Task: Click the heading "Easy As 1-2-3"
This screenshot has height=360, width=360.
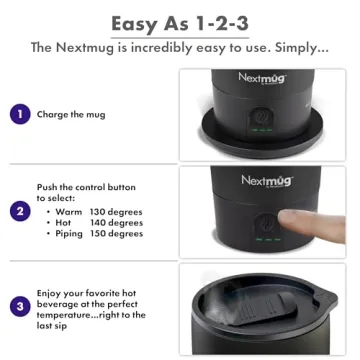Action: tap(180, 22)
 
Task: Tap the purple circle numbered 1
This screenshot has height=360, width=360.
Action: tap(20, 114)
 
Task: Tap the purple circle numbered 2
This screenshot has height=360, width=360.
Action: tap(20, 211)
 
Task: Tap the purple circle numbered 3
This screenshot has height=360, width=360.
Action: tap(20, 305)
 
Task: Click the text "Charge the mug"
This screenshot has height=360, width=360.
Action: tap(71, 115)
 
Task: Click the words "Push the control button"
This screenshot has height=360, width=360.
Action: tap(86, 187)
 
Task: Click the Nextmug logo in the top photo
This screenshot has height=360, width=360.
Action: tap(262, 77)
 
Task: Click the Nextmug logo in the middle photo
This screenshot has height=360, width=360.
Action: tap(264, 180)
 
